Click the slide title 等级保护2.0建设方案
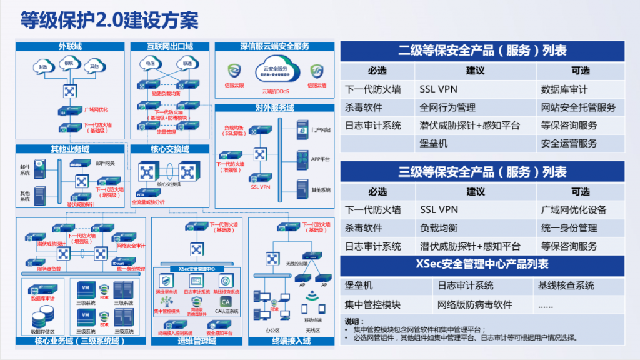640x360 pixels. pyautogui.click(x=109, y=21)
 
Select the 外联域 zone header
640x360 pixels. pyautogui.click(x=70, y=46)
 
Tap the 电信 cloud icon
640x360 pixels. pyautogui.click(x=150, y=63)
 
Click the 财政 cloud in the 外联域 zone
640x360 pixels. pyautogui.click(x=43, y=66)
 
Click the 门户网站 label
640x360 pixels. pyautogui.click(x=321, y=130)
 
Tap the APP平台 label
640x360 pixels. pyautogui.click(x=320, y=159)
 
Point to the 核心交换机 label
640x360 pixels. pyautogui.click(x=169, y=184)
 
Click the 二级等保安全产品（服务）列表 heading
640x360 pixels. pyautogui.click(x=482, y=51)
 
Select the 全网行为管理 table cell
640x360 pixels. pyautogui.click(x=447, y=107)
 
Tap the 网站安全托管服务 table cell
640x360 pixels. pyautogui.click(x=578, y=107)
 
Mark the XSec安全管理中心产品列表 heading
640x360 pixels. pyautogui.click(x=482, y=264)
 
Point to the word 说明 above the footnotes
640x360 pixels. pyautogui.click(x=354, y=321)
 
